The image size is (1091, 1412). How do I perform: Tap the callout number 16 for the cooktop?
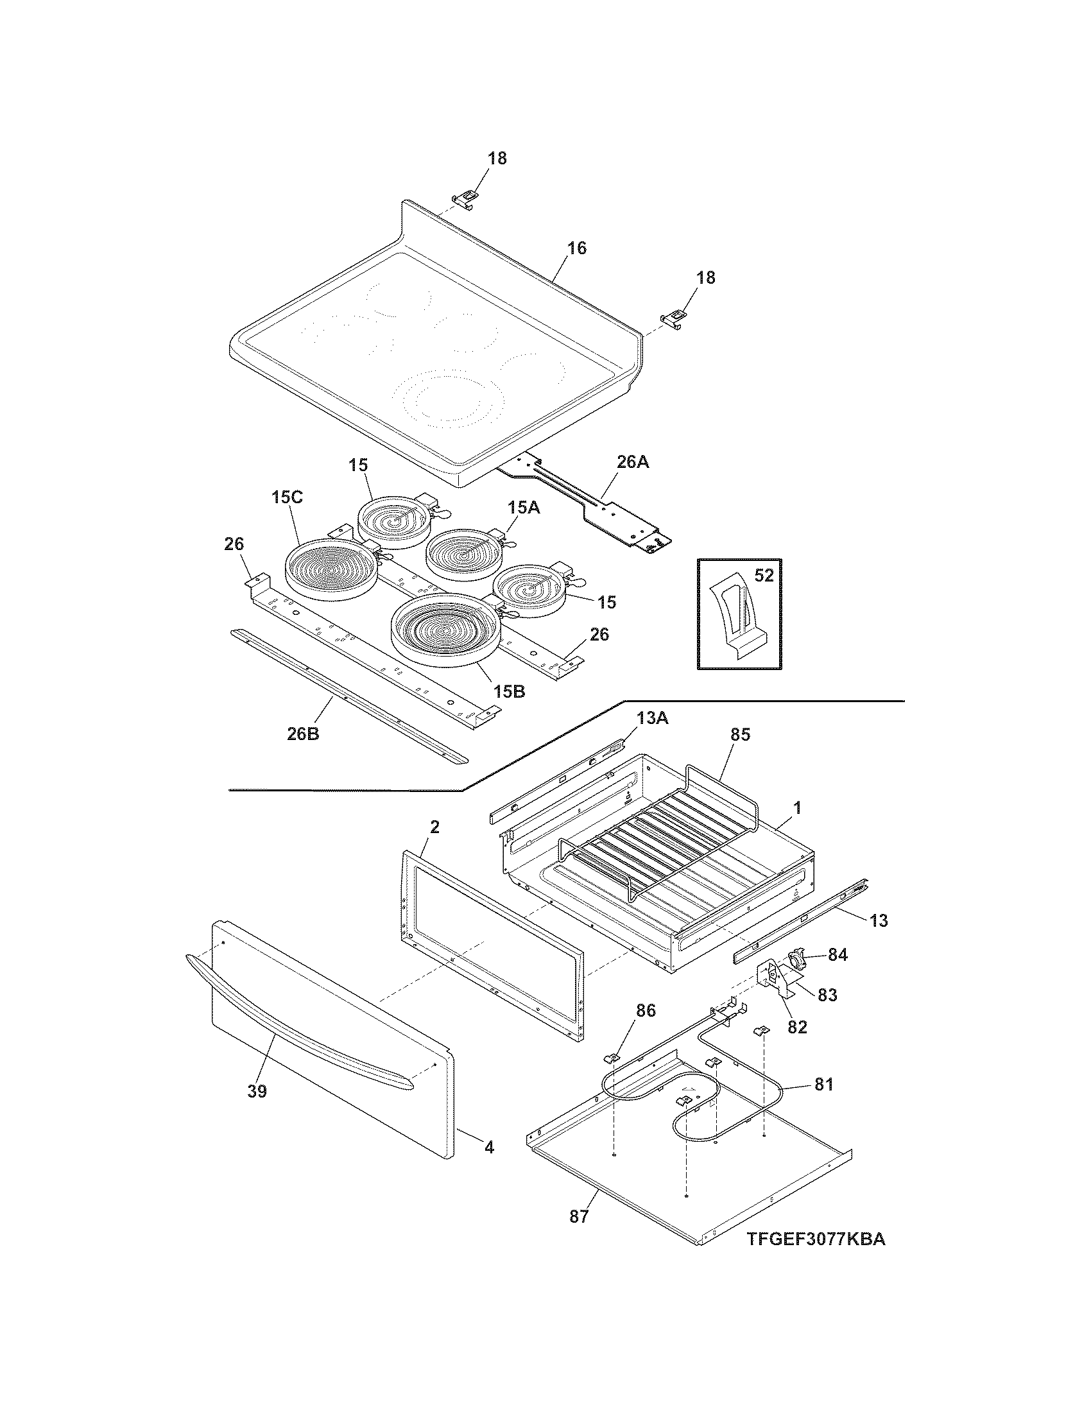pos(576,248)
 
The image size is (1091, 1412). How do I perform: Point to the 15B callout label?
pos(510,691)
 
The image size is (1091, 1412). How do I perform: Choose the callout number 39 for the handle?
pos(257,1092)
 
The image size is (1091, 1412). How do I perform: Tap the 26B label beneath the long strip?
pos(303,734)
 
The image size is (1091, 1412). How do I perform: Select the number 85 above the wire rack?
pos(740,735)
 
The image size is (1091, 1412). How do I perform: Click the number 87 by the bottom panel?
pos(579,1216)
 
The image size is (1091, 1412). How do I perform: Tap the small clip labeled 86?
pos(611,1058)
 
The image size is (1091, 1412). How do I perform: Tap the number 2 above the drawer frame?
pos(435,827)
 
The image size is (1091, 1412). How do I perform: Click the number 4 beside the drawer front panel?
pos(489,1148)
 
